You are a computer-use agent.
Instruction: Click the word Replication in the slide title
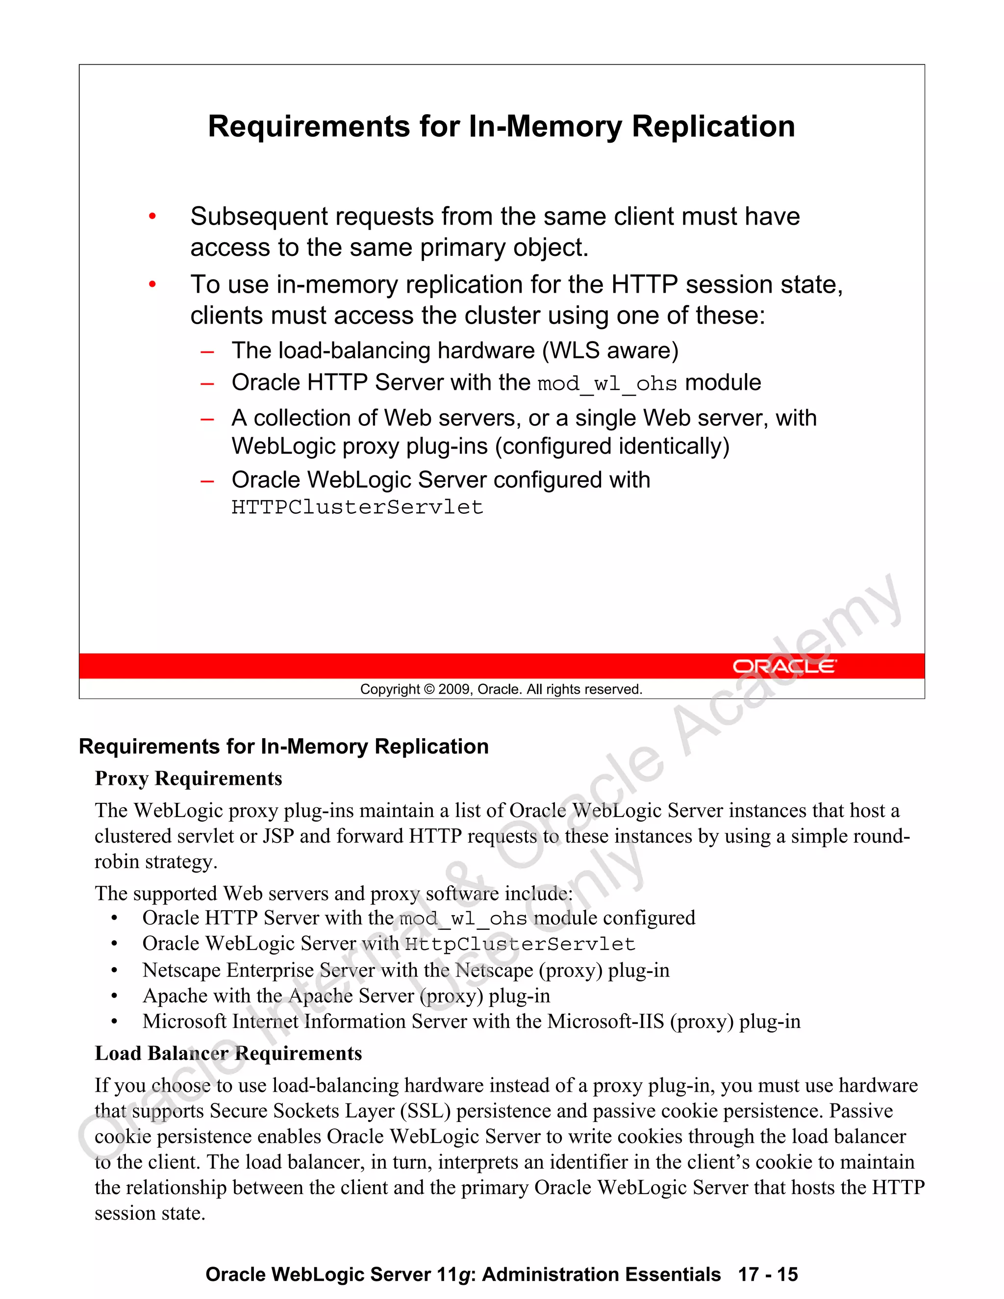(713, 126)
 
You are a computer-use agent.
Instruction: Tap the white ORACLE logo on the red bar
(784, 666)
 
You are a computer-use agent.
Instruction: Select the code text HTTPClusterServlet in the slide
(357, 507)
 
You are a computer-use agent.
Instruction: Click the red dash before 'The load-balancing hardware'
(207, 351)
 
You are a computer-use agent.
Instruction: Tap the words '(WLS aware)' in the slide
(610, 350)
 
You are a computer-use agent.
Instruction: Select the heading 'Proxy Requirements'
(189, 778)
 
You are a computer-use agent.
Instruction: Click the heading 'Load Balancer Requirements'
(228, 1053)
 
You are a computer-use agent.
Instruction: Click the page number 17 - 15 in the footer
(768, 1274)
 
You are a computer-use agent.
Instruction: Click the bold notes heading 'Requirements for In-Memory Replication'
(284, 747)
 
